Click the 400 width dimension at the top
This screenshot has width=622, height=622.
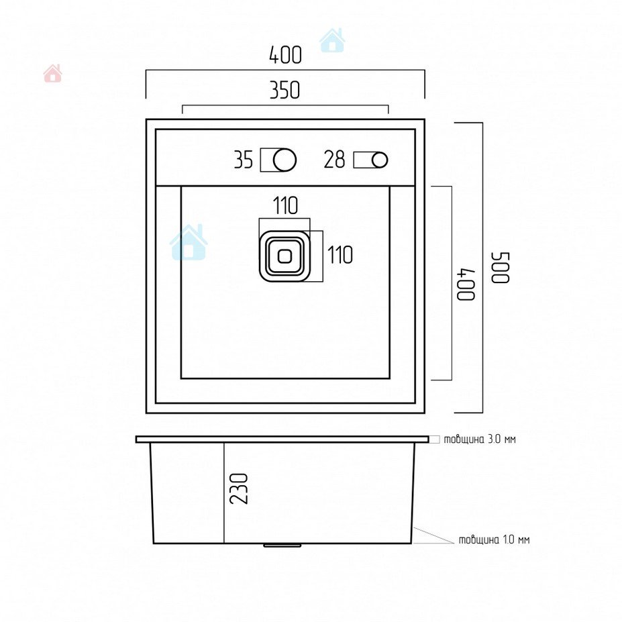click(285, 55)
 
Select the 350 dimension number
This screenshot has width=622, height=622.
click(284, 90)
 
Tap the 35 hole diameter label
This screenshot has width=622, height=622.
click(243, 160)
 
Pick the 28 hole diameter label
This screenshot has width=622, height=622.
click(334, 160)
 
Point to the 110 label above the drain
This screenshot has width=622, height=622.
click(285, 205)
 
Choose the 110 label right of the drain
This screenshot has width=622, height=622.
click(340, 255)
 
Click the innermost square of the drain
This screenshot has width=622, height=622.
click(284, 256)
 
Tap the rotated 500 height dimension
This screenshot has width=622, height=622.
click(501, 268)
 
